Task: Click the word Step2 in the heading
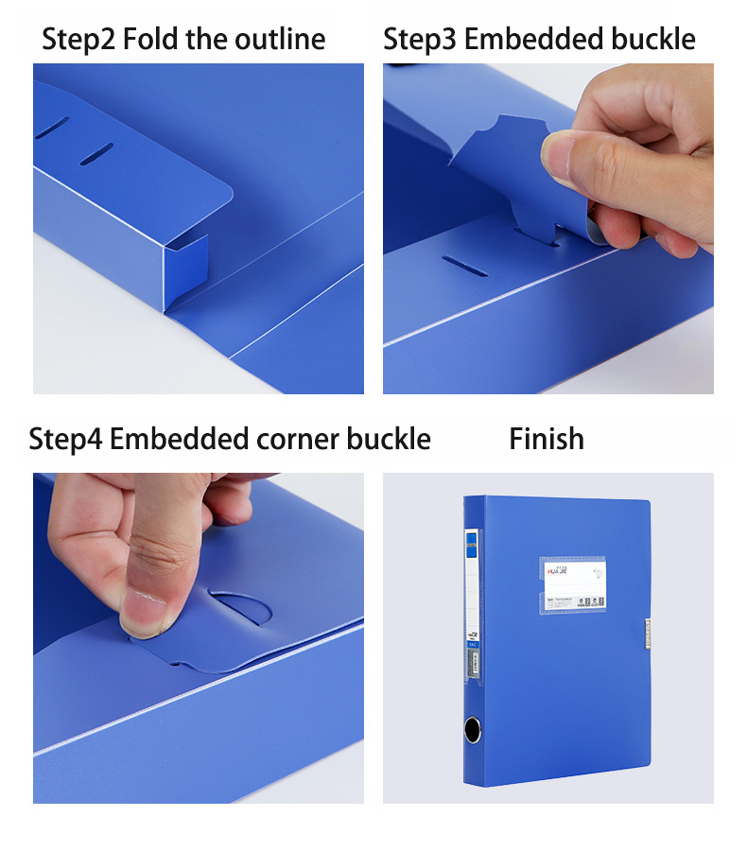[78, 40]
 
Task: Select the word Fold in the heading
[148, 40]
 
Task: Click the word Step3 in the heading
[420, 40]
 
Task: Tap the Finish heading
[547, 440]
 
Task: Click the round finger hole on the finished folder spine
[473, 730]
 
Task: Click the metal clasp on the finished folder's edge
[647, 634]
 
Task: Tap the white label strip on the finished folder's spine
[473, 605]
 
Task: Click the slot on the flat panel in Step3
[465, 266]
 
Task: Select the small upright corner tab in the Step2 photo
[188, 269]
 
